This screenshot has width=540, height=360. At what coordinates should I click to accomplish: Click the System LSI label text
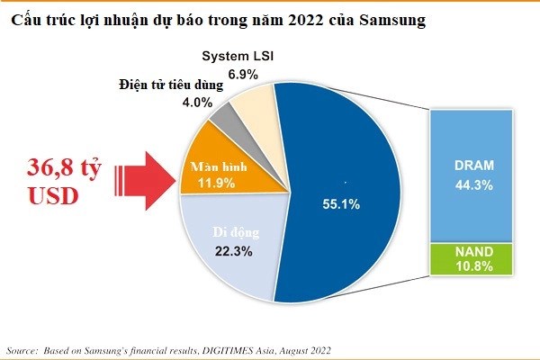coord(237,58)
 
